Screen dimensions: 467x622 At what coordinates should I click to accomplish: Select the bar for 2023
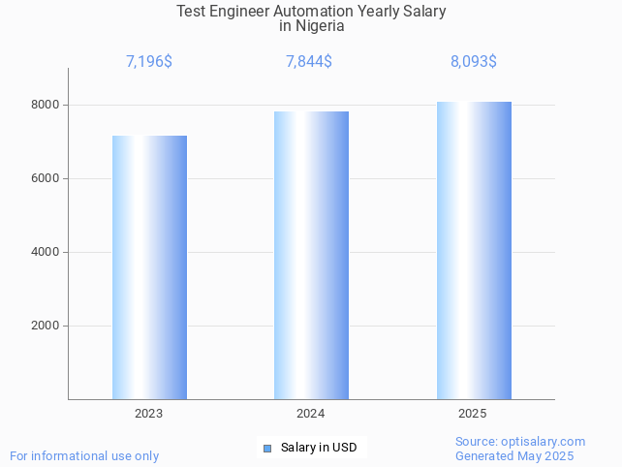(x=149, y=267)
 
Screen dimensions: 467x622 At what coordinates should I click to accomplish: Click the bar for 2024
(x=311, y=255)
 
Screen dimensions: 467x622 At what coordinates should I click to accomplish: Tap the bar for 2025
(x=474, y=250)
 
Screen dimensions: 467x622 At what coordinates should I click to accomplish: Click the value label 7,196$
(x=149, y=62)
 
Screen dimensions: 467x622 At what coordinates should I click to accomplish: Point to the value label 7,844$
(x=309, y=62)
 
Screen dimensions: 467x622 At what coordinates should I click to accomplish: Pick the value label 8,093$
(x=474, y=62)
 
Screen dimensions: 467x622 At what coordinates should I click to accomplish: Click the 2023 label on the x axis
(x=149, y=414)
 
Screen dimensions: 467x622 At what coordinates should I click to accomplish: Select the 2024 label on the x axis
(x=311, y=414)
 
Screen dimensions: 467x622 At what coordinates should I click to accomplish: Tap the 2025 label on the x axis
(x=473, y=414)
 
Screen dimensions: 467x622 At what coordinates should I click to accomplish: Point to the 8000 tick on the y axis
(x=46, y=105)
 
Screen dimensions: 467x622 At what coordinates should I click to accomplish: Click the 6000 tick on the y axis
(x=46, y=178)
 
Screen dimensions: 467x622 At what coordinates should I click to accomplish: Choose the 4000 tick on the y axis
(x=46, y=252)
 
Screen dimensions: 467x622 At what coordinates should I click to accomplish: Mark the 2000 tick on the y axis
(x=46, y=326)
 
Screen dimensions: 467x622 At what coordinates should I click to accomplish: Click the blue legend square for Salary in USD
(x=268, y=448)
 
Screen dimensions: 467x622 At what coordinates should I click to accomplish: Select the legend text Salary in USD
(x=319, y=448)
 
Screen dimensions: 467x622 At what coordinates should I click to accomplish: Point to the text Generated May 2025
(x=514, y=456)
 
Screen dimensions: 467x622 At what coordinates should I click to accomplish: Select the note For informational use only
(x=84, y=455)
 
